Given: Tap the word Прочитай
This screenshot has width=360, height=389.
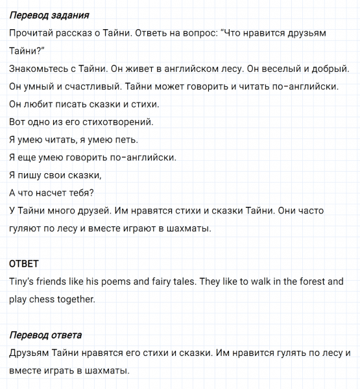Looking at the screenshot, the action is click(x=33, y=33).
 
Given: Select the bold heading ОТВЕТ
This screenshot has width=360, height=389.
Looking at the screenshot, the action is click(x=25, y=264).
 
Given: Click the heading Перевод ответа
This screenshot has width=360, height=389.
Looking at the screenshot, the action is click(x=46, y=335).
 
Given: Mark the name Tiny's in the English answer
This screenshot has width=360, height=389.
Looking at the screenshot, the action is click(x=23, y=282).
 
